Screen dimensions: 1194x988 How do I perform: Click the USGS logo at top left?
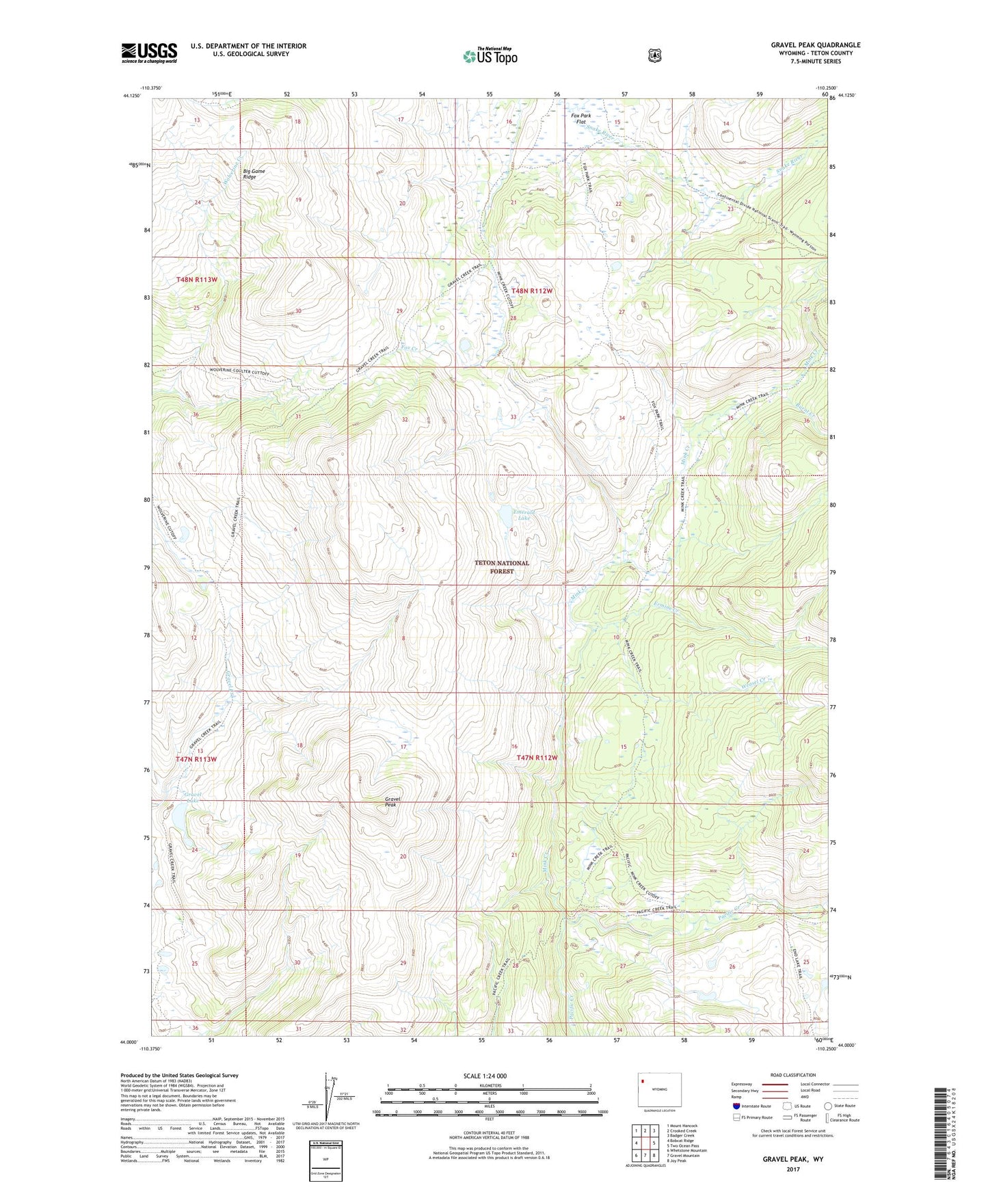click(149, 53)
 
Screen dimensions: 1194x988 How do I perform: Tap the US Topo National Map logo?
click(490, 55)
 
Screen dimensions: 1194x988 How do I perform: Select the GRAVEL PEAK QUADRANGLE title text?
click(815, 45)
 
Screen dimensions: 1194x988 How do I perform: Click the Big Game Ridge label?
click(253, 174)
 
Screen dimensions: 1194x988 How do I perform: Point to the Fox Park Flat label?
click(580, 118)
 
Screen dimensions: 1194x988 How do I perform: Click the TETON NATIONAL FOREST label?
click(502, 567)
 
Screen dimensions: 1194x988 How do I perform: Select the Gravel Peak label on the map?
click(392, 801)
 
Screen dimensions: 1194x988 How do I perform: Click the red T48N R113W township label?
click(196, 280)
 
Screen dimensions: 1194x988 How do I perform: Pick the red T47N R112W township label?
click(537, 758)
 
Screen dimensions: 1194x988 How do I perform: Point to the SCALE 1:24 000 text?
click(485, 1076)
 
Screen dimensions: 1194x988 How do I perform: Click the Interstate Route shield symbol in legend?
click(736, 1106)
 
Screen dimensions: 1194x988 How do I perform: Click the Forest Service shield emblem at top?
click(655, 55)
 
